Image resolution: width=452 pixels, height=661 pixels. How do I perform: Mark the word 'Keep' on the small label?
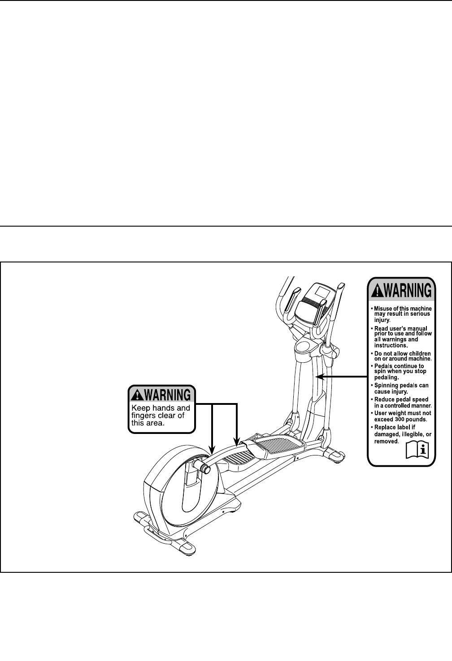point(140,408)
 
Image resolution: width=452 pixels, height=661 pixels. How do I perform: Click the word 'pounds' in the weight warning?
point(416,420)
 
